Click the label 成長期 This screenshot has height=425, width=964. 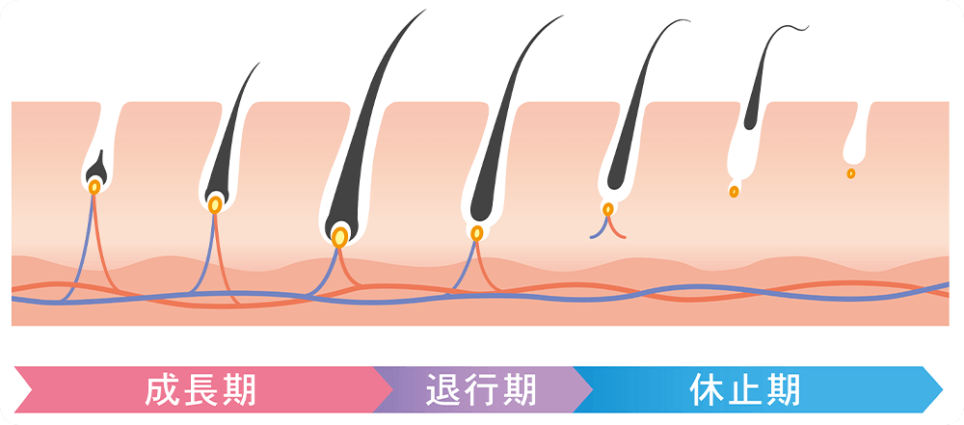coord(201,389)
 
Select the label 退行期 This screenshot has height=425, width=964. coord(479,389)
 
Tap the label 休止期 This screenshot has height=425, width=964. coord(745,389)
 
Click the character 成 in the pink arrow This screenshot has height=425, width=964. coord(161,389)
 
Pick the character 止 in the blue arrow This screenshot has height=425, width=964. coord(745,389)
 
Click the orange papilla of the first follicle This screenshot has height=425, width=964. coord(94,187)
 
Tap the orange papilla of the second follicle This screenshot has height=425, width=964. coord(215,204)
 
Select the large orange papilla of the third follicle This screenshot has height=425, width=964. coord(339,236)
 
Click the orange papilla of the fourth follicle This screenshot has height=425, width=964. coord(476,232)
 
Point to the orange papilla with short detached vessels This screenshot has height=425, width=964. coord(608,208)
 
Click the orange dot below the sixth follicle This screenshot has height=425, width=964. coord(734,192)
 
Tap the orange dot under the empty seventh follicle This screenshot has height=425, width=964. coord(850,173)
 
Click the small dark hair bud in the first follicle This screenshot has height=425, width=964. coord(95,170)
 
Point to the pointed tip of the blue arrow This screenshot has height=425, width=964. coord(940,389)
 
